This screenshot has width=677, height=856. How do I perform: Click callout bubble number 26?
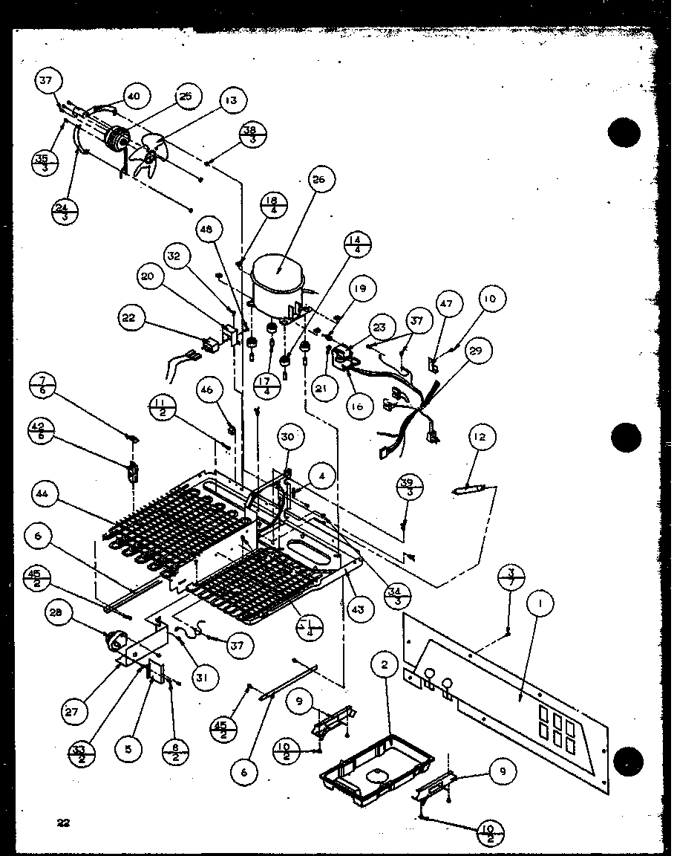click(321, 180)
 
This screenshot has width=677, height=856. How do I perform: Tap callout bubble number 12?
click(481, 437)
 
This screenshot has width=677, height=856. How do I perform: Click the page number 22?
click(63, 822)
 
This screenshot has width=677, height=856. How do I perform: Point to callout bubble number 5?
click(128, 749)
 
